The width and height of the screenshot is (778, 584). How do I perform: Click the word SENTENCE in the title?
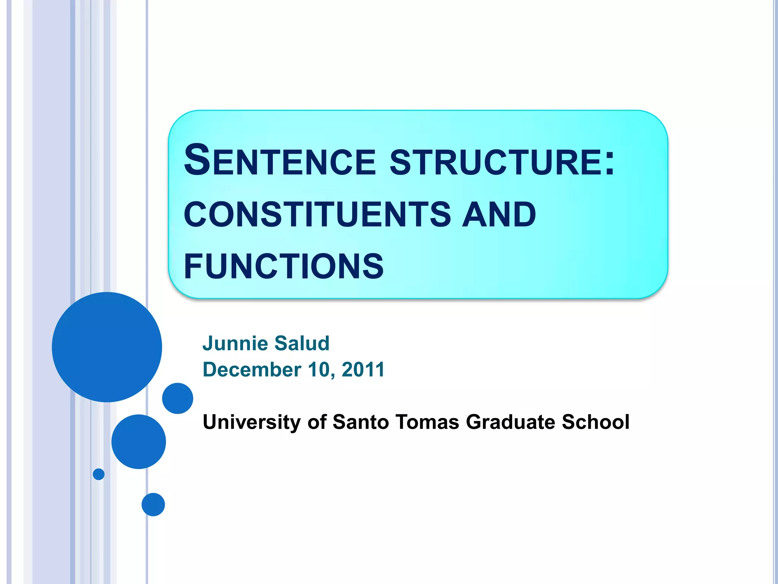coord(280,160)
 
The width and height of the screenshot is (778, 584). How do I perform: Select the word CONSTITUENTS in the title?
coord(317,214)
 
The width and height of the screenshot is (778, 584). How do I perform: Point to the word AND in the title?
coord(499,214)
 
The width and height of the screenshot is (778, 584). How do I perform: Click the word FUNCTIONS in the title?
coord(284,266)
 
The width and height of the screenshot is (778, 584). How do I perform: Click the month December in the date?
coord(252,370)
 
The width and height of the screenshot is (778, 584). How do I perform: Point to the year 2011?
coord(363,370)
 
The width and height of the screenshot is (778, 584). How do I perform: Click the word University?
coord(251,422)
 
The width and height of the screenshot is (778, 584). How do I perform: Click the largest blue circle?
coord(107,347)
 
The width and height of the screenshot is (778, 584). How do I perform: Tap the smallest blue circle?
coord(99,474)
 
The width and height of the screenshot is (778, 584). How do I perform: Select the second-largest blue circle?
coord(139,441)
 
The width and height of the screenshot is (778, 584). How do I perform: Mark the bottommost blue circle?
coord(153,505)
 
